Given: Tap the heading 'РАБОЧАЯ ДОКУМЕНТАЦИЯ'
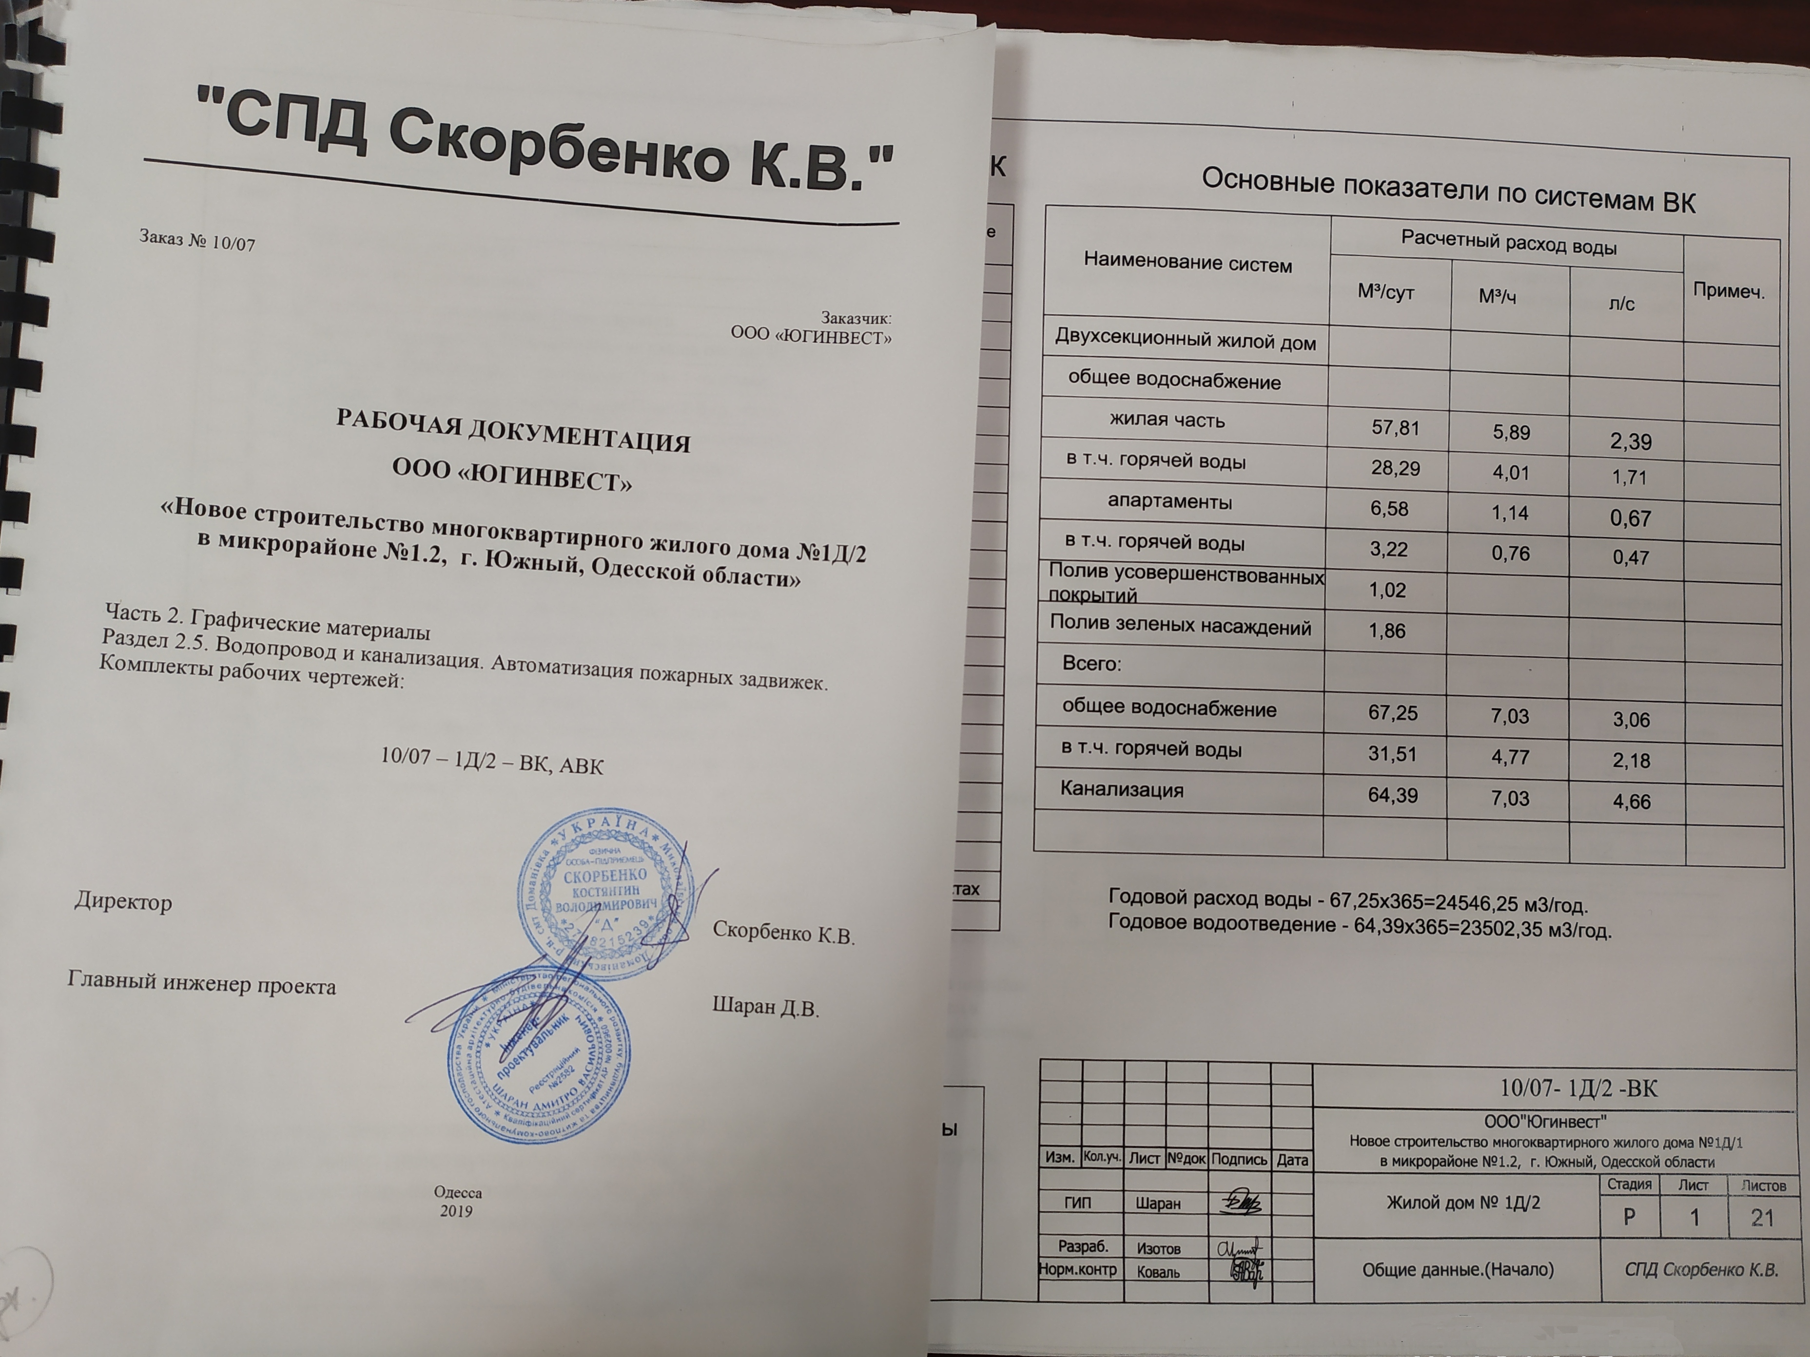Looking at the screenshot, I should click(513, 429).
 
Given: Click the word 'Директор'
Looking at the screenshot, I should click(123, 902).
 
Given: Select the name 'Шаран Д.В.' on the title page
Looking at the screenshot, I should click(766, 1007).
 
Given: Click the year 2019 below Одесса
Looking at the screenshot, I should click(456, 1211).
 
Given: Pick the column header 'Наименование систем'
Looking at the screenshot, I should click(1187, 264).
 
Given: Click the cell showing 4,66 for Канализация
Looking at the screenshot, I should click(1631, 802).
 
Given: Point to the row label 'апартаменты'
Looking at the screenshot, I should click(1169, 501).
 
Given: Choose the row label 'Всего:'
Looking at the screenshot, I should click(1091, 663).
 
